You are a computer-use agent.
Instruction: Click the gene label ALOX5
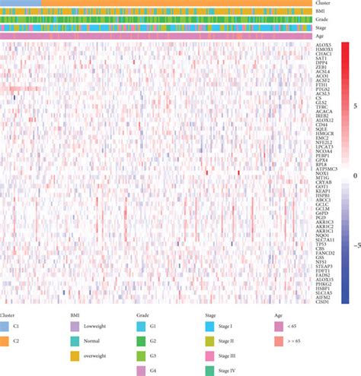pos(324,46)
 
